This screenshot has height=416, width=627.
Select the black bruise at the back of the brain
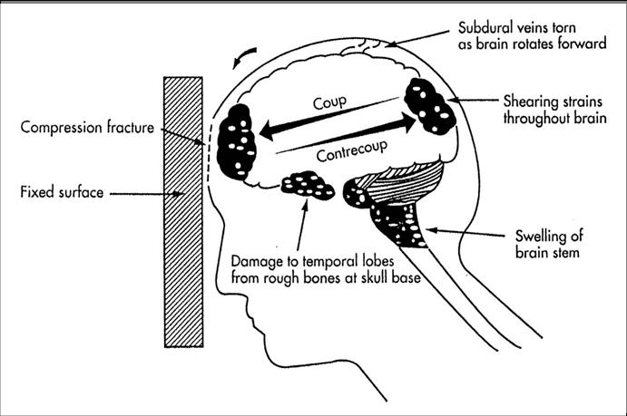429,107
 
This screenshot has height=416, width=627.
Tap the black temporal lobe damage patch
309,187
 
